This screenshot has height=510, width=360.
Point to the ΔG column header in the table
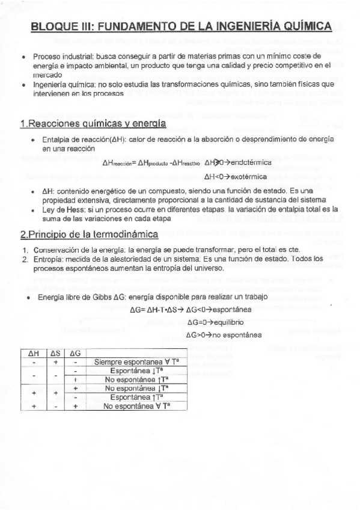[76, 353]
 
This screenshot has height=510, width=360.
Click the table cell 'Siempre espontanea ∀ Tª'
[133, 362]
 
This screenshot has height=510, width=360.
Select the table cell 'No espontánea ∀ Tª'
[136, 407]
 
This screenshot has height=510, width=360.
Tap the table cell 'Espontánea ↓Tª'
[136, 371]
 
